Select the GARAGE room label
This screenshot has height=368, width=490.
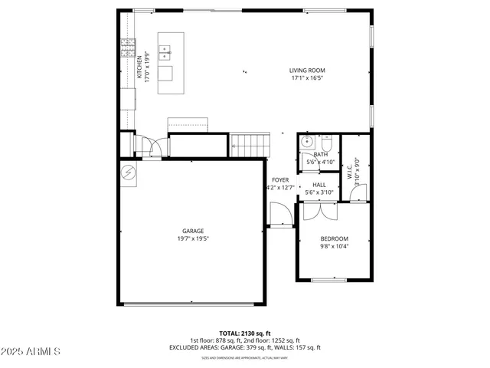192,231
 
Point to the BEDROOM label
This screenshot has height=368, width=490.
334,238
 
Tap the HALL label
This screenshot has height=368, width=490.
319,185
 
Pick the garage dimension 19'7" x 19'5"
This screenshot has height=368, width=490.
192,238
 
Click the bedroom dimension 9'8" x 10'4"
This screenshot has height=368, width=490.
334,246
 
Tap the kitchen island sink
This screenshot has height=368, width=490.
165,52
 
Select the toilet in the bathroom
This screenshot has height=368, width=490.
326,143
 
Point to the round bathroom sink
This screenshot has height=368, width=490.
305,142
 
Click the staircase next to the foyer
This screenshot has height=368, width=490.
250,143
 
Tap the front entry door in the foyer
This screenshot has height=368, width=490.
278,215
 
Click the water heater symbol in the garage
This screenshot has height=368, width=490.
128,172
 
